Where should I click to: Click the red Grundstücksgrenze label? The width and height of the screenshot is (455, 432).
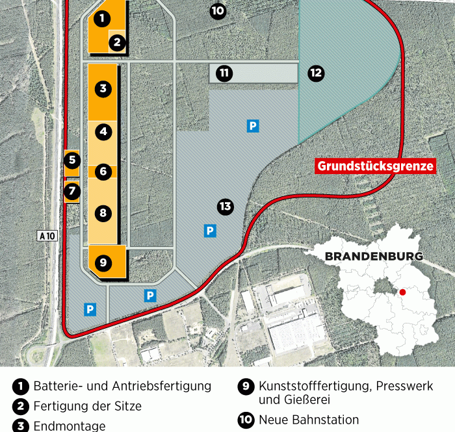376,166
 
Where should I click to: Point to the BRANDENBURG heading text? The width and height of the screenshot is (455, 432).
374,256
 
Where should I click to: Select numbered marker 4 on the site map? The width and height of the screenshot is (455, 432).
103,132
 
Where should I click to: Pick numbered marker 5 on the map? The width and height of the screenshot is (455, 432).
71,159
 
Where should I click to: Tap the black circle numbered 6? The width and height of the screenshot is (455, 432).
103,172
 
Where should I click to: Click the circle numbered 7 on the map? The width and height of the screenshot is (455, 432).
71,191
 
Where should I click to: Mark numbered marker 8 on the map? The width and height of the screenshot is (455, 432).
103,212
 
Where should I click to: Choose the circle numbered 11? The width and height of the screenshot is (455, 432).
224,73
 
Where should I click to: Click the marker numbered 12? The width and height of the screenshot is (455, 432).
316,73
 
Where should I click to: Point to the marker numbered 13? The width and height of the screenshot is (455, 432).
225,207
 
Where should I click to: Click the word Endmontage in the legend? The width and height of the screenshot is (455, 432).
70,426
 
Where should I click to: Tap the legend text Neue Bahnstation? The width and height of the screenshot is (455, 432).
309,420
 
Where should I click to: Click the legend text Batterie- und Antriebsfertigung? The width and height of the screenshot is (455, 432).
122,386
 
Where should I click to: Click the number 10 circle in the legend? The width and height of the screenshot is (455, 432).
246,420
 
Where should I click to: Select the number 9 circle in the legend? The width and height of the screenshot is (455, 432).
246,387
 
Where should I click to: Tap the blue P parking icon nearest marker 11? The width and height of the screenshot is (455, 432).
253,126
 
